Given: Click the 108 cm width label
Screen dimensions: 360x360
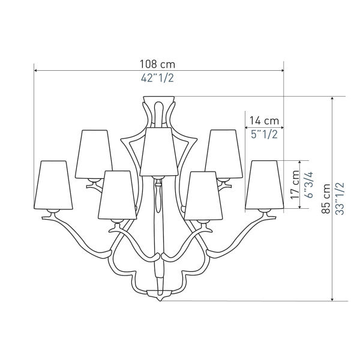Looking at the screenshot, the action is [157, 64].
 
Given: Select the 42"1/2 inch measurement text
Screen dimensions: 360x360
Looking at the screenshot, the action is [157, 78].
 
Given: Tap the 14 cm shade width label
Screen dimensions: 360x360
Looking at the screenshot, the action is [264, 121].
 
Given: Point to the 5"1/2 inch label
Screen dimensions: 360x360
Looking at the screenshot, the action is [264, 134].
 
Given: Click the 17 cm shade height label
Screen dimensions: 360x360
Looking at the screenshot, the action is [295, 185].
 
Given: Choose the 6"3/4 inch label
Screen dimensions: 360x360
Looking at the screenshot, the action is [309, 185].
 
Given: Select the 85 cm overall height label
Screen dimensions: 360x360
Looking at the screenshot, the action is [326, 199].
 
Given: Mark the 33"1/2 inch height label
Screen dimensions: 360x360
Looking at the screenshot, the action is [340, 199].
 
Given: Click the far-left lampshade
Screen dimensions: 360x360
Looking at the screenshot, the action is [53, 185].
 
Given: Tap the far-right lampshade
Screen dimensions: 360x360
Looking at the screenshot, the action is [265, 185].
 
